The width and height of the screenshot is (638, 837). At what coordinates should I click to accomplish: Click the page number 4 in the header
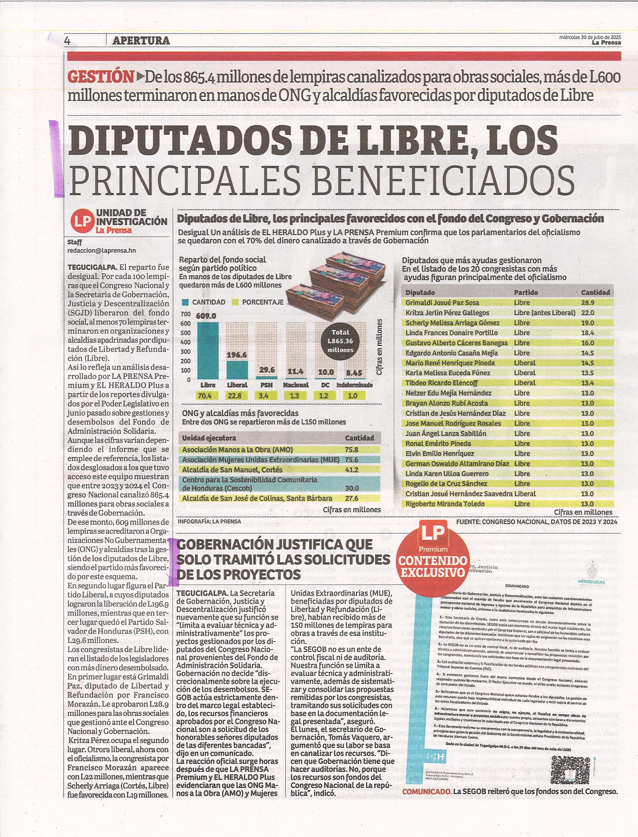[67, 41]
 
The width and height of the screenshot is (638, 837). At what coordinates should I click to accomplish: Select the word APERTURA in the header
[141, 41]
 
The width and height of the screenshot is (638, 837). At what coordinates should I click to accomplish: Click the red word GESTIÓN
[101, 77]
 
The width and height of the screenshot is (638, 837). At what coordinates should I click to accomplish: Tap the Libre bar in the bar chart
[208, 350]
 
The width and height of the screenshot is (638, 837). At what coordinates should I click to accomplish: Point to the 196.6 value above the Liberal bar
[236, 354]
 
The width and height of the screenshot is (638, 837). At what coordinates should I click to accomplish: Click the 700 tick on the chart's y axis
[185, 314]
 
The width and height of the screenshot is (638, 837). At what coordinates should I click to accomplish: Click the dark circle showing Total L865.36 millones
[340, 341]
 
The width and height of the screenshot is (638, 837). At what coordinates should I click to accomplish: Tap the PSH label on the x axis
[266, 385]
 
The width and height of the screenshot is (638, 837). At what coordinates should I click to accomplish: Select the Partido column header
[526, 293]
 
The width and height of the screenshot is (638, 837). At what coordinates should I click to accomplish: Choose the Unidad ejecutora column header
[209, 438]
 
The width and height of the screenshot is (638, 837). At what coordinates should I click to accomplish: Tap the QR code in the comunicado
[570, 772]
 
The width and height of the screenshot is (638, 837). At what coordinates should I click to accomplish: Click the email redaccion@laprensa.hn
[101, 251]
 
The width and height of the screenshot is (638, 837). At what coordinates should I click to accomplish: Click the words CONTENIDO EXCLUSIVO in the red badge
[433, 567]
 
